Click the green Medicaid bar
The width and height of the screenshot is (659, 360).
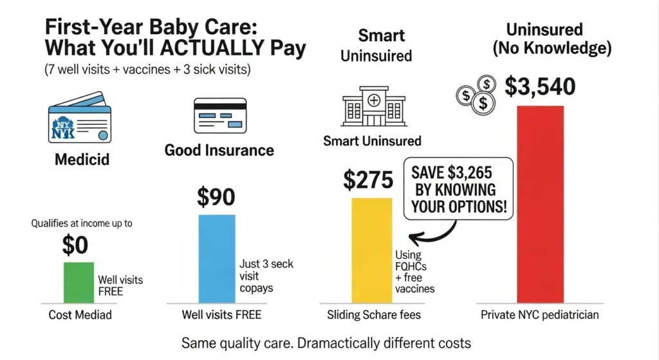(x=79, y=282)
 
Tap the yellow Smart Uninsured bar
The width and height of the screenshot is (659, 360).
(x=371, y=250)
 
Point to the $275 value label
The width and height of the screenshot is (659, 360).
(x=367, y=181)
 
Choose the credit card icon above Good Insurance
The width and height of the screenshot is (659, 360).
(x=219, y=116)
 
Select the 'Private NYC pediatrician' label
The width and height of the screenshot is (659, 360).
(x=540, y=315)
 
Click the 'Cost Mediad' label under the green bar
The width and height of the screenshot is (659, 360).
(x=80, y=315)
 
